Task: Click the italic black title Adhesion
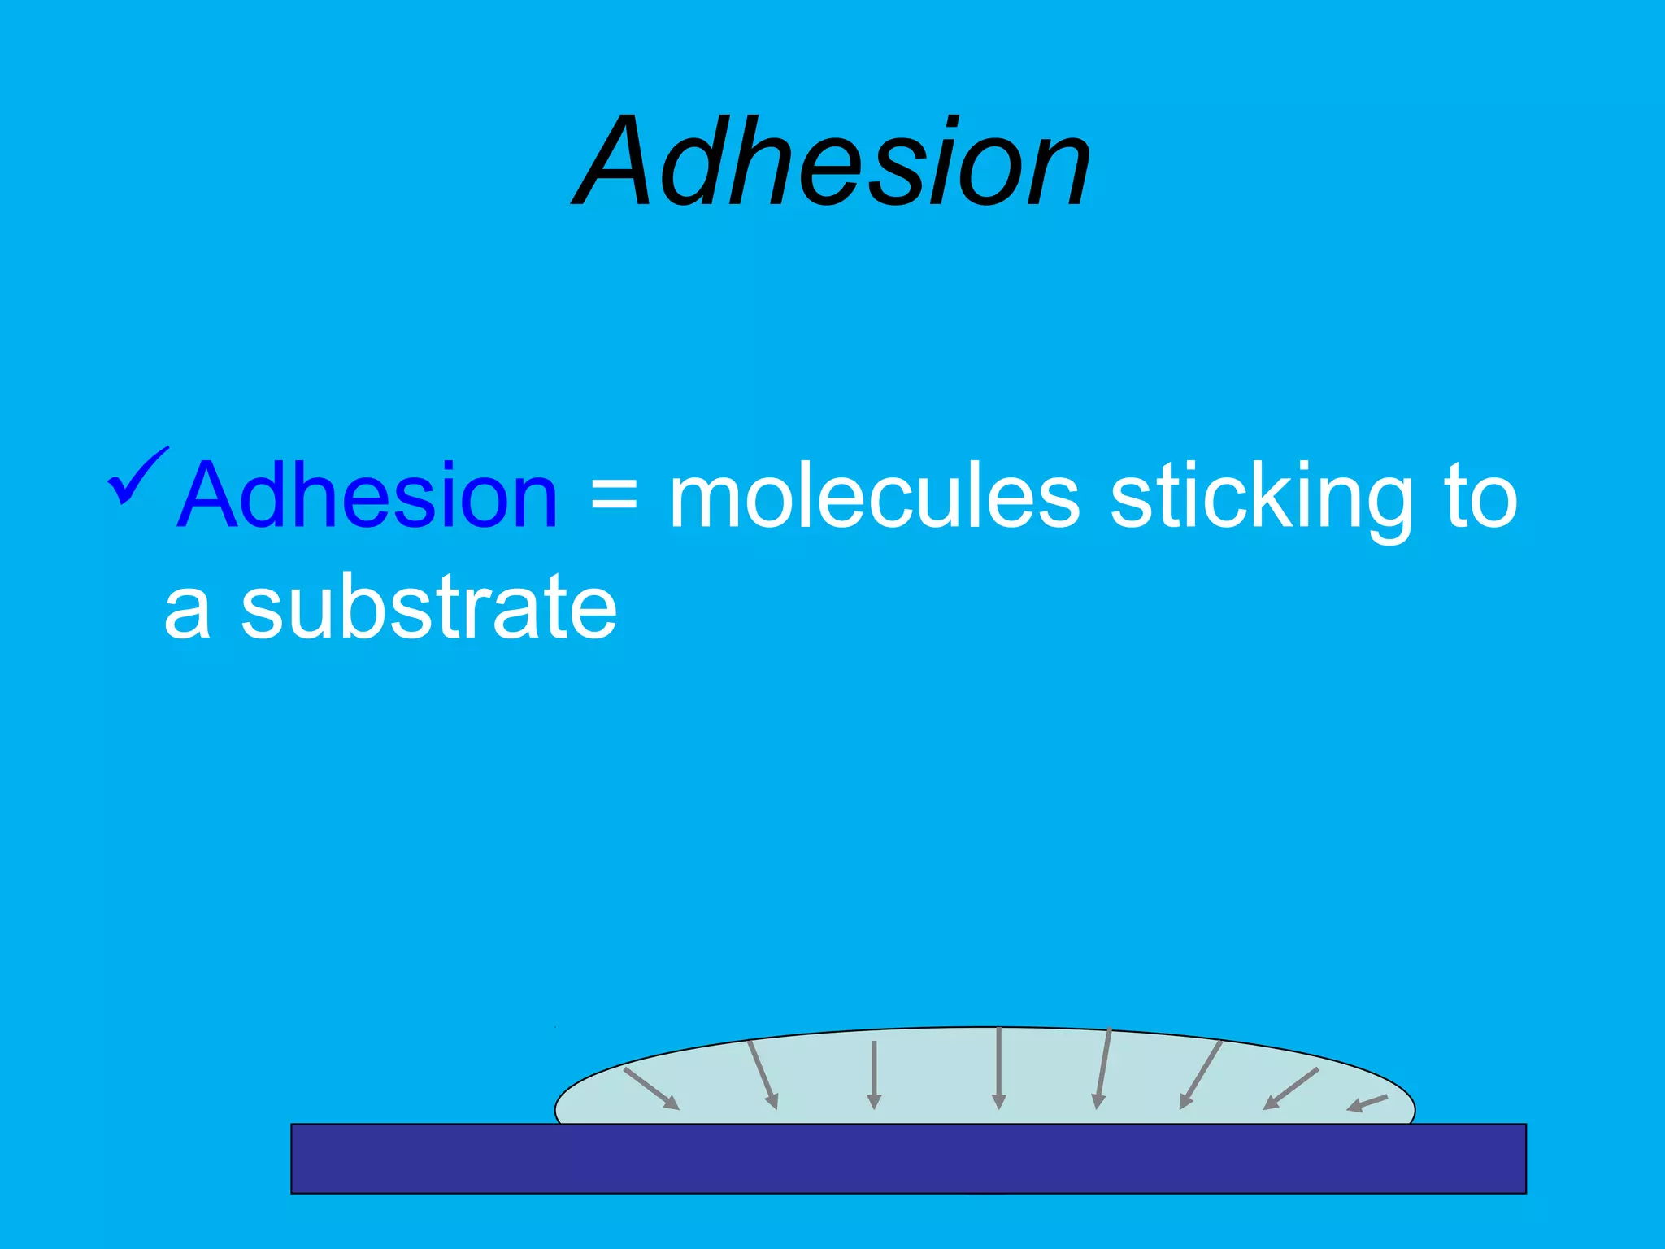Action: click(832, 163)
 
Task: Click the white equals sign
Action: click(614, 496)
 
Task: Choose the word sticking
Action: click(1261, 496)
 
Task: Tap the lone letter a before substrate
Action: click(188, 610)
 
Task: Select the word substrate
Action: click(429, 606)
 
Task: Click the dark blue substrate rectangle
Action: click(908, 1159)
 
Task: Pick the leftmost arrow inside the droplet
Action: click(650, 1088)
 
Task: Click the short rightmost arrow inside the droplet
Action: click(1367, 1103)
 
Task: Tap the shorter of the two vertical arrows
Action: click(874, 1073)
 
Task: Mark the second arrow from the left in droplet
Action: click(763, 1073)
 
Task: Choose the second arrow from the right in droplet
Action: click(1291, 1088)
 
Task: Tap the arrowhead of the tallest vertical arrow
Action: click(999, 1102)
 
